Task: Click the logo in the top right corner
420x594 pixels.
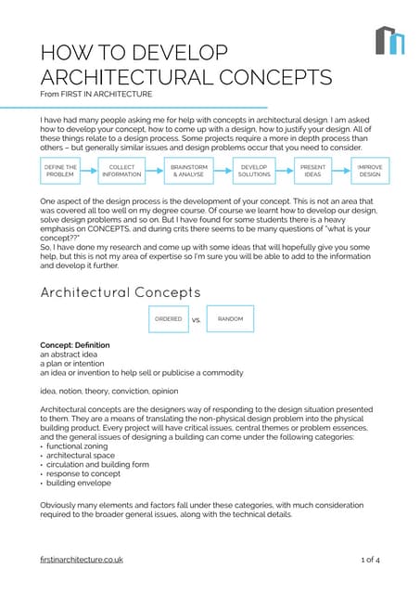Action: (x=389, y=40)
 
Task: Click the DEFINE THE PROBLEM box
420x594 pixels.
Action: (x=60, y=171)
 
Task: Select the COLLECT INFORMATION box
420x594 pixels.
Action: (x=122, y=171)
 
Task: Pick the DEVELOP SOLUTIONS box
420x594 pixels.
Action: (x=253, y=171)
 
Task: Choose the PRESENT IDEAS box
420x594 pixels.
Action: (x=312, y=171)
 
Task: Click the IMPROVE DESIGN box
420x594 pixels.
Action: (x=369, y=171)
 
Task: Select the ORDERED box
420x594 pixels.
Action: (x=168, y=319)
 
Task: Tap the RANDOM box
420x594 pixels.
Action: (x=230, y=319)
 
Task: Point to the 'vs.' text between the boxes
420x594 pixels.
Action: (x=197, y=320)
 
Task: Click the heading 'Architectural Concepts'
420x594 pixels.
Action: (x=121, y=291)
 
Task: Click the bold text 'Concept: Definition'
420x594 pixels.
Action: (x=74, y=345)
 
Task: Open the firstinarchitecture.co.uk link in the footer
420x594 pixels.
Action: (x=82, y=560)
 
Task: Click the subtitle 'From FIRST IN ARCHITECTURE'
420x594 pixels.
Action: (x=96, y=94)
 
